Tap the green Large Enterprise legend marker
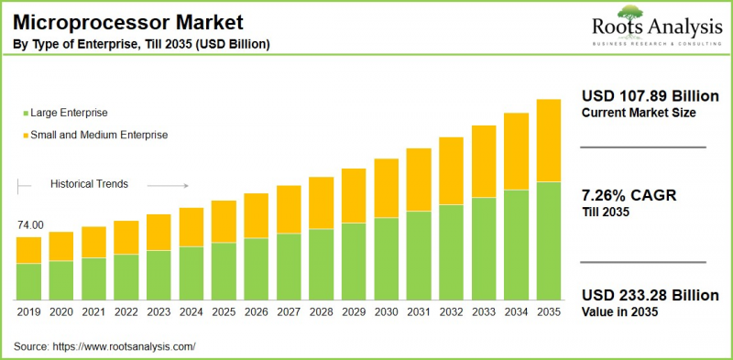(24, 114)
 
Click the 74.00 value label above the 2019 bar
(29, 224)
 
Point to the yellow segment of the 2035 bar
(548, 140)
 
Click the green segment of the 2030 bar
(386, 259)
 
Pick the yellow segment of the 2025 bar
(224, 221)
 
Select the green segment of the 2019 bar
(29, 282)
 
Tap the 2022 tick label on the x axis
(126, 311)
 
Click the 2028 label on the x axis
(321, 311)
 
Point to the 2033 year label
(483, 311)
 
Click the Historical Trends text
(89, 184)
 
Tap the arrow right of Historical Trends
(167, 185)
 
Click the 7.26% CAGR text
(624, 195)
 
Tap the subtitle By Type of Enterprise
(141, 44)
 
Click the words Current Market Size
(638, 113)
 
